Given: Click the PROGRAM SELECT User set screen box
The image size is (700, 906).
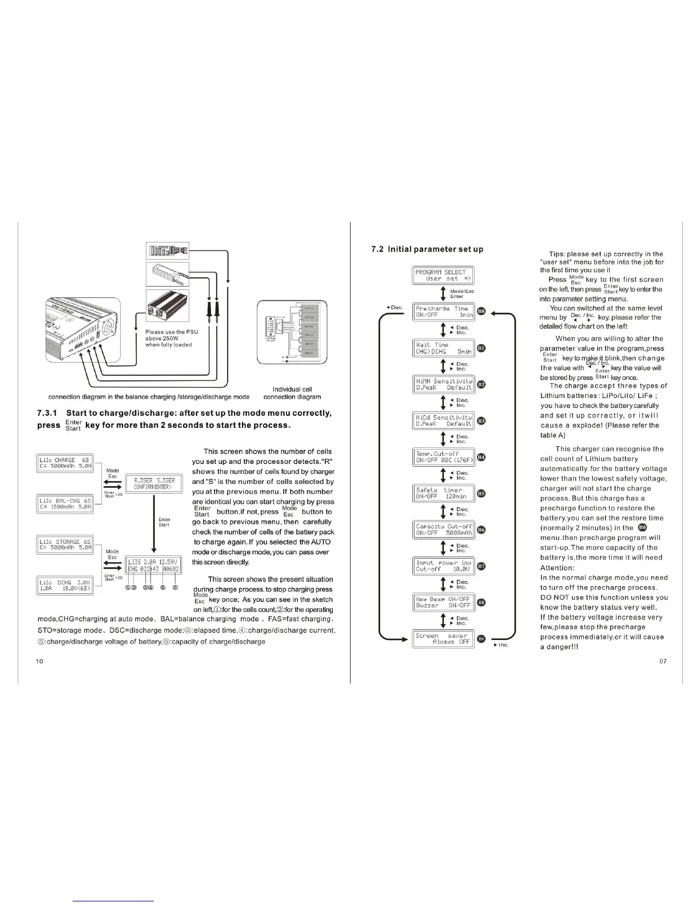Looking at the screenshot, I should (x=443, y=275).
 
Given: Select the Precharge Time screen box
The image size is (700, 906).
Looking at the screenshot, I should (x=443, y=311).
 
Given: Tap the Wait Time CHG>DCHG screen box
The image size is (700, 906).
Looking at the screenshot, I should (x=443, y=348).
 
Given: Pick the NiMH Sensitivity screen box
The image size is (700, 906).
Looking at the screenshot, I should (x=443, y=384).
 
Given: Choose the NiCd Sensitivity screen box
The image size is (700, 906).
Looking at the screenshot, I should (x=443, y=420).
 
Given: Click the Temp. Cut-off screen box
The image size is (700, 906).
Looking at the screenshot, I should (x=443, y=456).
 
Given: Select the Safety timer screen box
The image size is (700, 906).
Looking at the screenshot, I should (x=443, y=493).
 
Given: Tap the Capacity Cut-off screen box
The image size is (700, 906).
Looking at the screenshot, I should (x=443, y=529).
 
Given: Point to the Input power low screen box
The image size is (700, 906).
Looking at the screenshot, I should (x=443, y=566).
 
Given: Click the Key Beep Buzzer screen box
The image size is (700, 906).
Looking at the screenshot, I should (x=443, y=602).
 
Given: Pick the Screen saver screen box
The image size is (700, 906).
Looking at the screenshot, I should (x=443, y=638).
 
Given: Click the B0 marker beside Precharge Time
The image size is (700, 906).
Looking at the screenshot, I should (x=482, y=311).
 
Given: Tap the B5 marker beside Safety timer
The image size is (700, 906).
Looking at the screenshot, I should (x=482, y=493).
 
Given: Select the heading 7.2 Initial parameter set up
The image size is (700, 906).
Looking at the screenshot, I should (x=427, y=249).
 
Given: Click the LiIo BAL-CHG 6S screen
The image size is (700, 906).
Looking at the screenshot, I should (x=65, y=503).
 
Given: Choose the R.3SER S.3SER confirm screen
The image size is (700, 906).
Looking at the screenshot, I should (x=154, y=483).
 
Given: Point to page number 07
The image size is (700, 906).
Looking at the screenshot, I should (x=662, y=661).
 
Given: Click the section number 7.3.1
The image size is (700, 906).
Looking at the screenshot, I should (x=49, y=413).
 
